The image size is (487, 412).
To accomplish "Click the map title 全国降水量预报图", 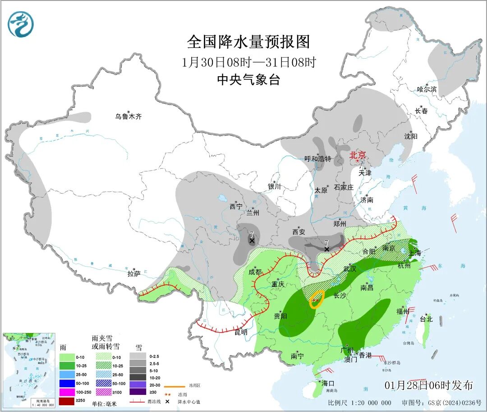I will (248, 42).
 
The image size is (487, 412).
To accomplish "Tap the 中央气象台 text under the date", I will (248, 80).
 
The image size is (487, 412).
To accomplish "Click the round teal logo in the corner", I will (21, 24).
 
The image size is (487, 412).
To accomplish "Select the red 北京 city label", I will (360, 155).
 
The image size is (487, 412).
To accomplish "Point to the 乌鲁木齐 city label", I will (128, 117).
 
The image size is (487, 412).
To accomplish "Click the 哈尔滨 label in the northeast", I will (427, 90).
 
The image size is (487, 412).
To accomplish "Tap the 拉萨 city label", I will (134, 273).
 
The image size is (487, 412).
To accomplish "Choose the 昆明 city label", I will (241, 332).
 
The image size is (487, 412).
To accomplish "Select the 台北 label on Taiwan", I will (426, 319).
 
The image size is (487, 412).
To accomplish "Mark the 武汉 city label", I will (349, 269).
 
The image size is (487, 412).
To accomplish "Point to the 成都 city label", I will (255, 272).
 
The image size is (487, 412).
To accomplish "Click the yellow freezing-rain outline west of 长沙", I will (317, 299).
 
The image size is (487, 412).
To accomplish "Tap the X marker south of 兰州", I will (252, 241).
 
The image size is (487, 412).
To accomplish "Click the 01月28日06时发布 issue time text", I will (429, 385).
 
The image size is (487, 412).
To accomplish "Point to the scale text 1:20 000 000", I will (366, 403).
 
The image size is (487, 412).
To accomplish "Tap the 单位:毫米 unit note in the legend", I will (104, 403).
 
